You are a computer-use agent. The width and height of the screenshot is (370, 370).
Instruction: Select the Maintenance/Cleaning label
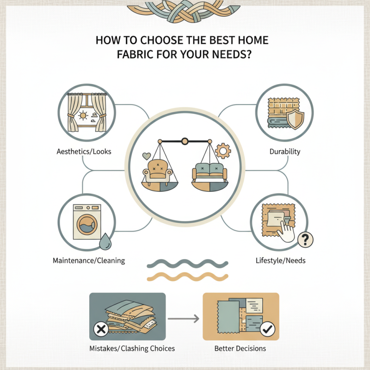[x=89, y=261]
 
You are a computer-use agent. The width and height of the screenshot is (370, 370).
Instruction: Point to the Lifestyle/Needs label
[x=280, y=261]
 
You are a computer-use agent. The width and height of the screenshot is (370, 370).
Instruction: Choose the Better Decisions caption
[x=241, y=348]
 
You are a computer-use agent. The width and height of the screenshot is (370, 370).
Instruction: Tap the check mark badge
[x=268, y=330]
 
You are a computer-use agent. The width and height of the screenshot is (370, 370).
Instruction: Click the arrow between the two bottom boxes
[x=184, y=318]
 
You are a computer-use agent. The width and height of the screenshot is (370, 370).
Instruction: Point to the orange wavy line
[x=187, y=277]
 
